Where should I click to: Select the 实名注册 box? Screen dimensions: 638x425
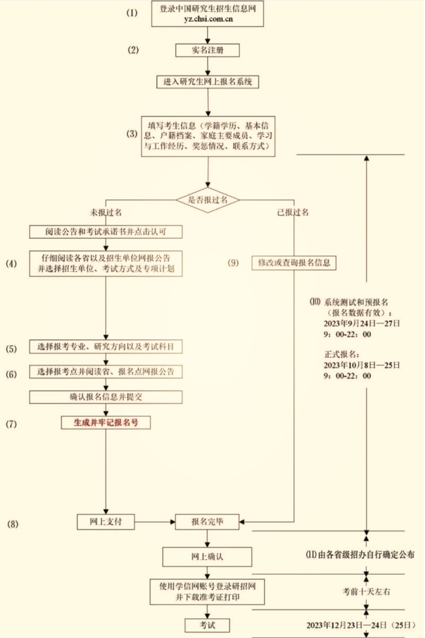click(208, 50)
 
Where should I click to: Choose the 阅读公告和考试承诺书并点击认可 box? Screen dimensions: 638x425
click(106, 232)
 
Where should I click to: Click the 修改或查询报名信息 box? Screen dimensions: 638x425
click(294, 263)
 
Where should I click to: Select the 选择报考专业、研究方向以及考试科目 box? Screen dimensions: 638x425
click(106, 347)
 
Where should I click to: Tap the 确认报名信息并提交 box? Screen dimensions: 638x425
click(106, 396)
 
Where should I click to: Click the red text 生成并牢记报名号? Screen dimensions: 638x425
click(106, 422)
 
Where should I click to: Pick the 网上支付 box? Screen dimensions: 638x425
click(106, 521)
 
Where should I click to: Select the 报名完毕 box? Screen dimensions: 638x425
click(208, 521)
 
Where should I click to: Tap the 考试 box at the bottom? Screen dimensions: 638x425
click(208, 624)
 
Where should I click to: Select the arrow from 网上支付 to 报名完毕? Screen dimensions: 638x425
click(154, 521)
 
